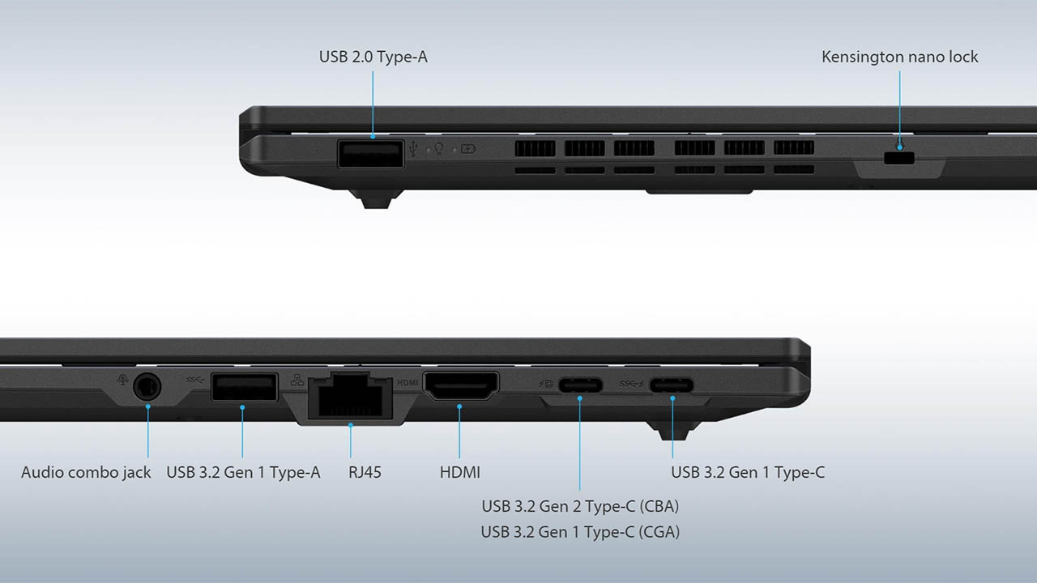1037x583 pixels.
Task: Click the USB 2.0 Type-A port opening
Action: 371,154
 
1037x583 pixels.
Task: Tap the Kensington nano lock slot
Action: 899,158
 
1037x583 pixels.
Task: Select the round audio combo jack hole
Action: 147,386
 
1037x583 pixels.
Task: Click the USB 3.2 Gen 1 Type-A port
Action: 245,387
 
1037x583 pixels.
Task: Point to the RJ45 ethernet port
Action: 350,397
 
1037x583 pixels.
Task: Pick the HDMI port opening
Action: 461,385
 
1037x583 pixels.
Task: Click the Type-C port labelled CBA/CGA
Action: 580,385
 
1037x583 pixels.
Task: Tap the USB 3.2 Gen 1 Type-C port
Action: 672,385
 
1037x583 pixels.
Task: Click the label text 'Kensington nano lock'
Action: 899,57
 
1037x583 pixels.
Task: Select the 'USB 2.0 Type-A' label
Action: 373,57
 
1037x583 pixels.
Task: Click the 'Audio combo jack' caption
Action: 86,472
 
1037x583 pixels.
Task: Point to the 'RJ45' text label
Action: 365,472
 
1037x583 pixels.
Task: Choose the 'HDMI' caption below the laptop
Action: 459,472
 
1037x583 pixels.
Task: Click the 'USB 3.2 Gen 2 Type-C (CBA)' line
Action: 580,506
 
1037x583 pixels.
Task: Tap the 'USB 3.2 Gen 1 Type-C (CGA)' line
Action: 580,532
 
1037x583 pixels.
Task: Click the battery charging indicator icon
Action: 468,149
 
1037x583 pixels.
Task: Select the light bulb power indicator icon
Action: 438,148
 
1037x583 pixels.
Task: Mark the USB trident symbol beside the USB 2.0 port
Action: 413,148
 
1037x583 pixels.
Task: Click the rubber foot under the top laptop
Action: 375,199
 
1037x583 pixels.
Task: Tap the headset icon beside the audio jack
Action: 122,381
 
